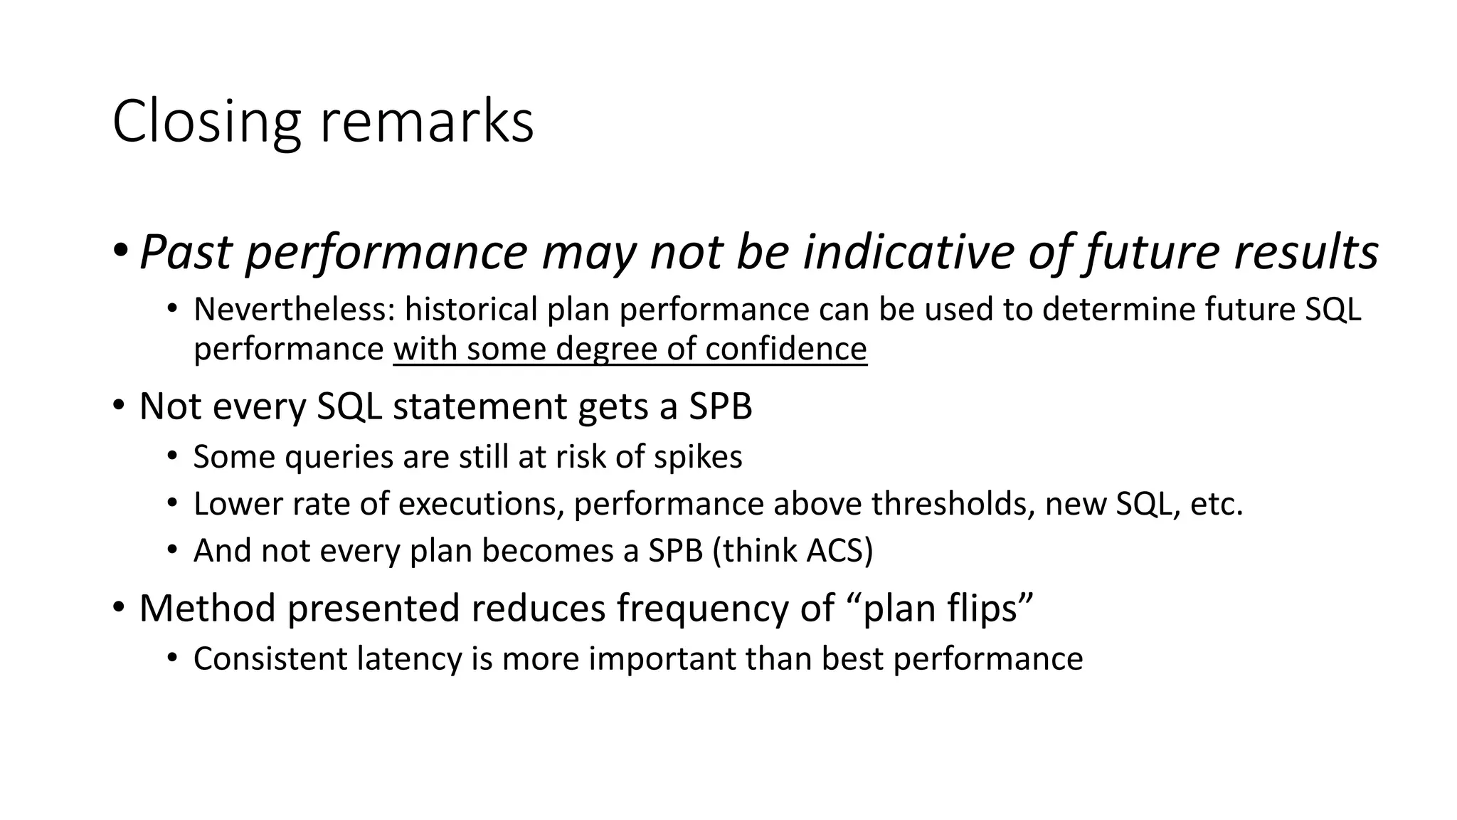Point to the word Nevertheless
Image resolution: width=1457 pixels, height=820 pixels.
click(294, 310)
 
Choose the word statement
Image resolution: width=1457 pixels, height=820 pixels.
click(479, 406)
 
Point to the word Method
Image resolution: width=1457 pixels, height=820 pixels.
click(207, 608)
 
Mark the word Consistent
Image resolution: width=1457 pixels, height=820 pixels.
click(270, 658)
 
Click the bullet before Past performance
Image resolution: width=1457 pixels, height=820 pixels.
click(120, 251)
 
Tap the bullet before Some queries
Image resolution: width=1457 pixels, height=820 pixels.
click(171, 456)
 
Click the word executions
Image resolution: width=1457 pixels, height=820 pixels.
click(481, 504)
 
